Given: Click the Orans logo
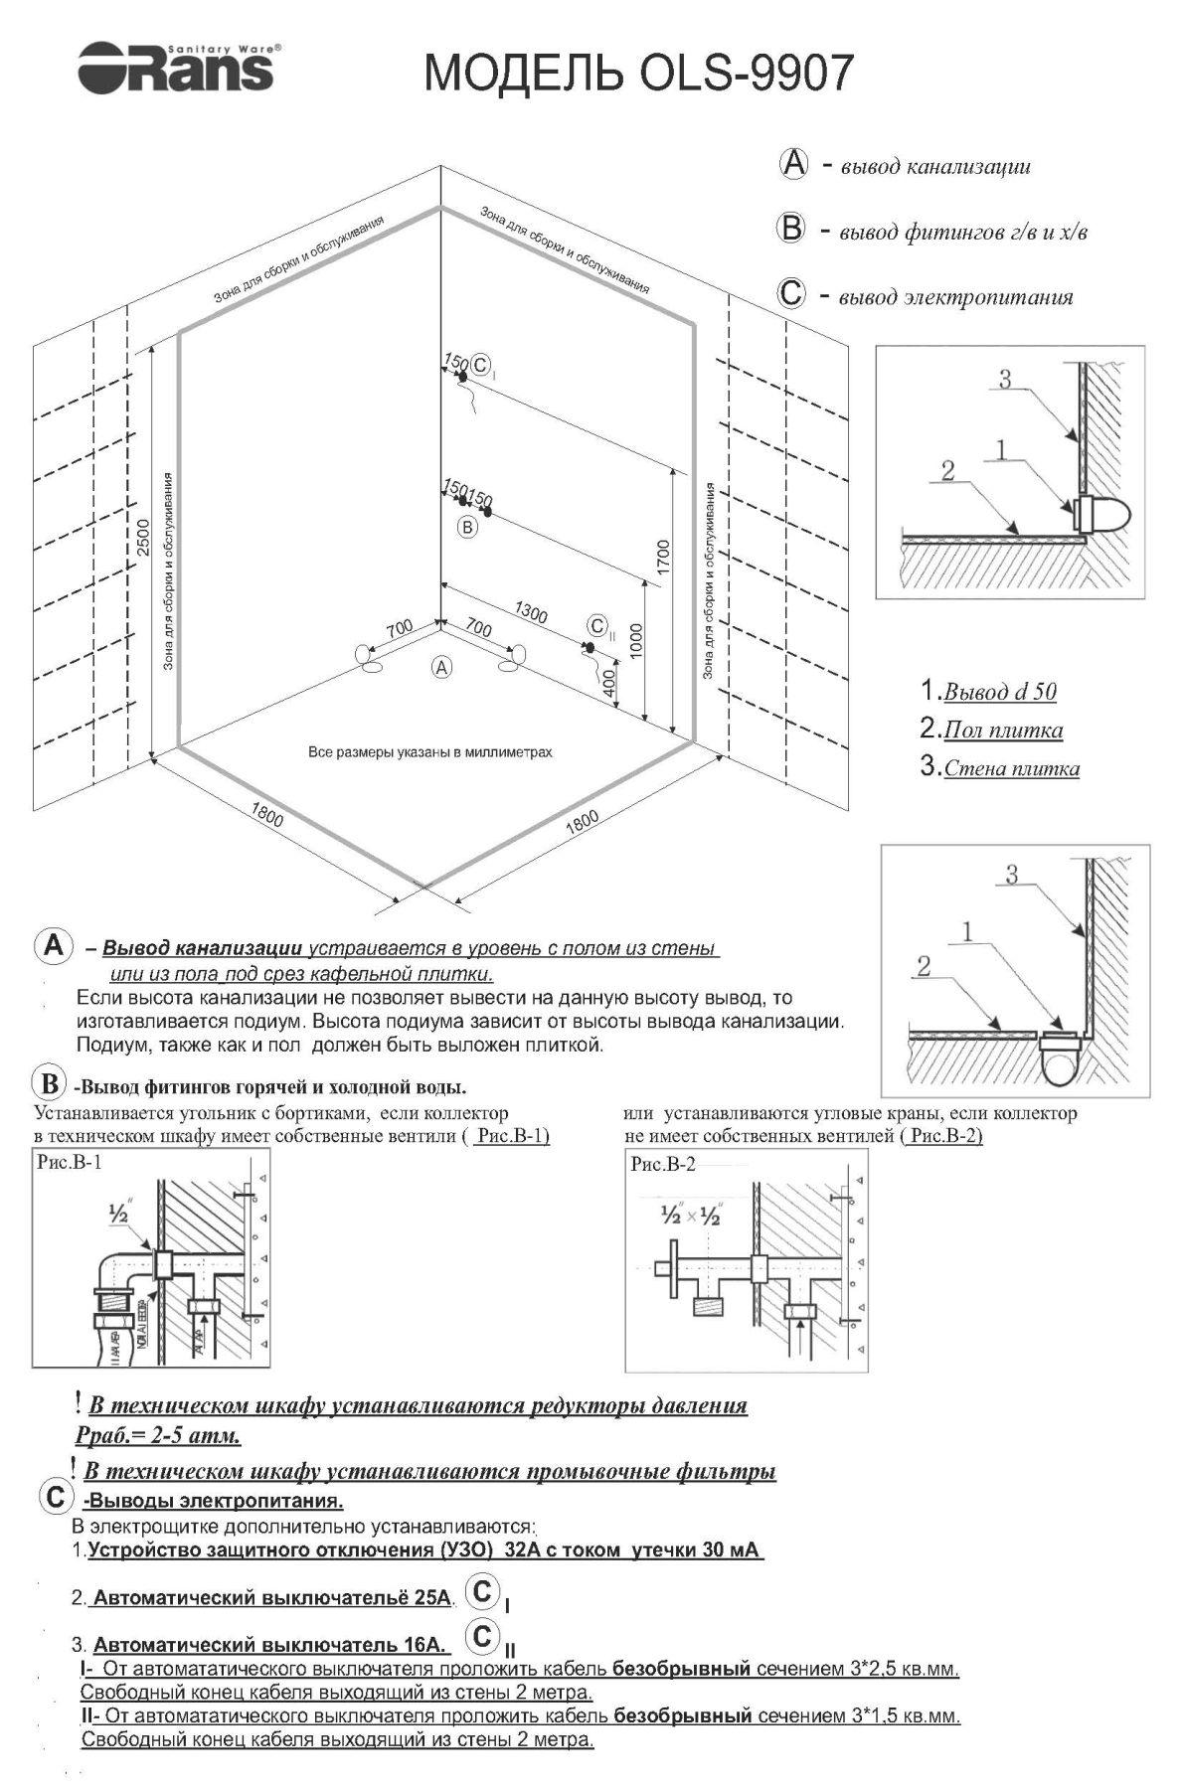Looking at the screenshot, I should (x=179, y=67).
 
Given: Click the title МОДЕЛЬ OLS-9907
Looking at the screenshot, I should (x=638, y=73).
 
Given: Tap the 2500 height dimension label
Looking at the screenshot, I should (x=144, y=536).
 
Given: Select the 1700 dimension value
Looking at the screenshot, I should (x=663, y=558).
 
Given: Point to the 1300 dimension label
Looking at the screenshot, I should (x=530, y=613).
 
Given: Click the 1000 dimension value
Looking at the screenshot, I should (x=636, y=640).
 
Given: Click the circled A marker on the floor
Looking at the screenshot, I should (x=441, y=668).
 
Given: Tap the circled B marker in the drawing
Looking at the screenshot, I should (x=467, y=528).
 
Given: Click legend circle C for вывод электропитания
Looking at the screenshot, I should (x=791, y=295).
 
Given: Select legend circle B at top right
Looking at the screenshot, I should (x=790, y=229).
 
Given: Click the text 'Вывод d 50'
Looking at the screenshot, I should (x=999, y=692).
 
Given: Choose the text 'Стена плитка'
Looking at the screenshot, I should (x=1011, y=768).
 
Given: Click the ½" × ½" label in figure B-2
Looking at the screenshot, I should (x=690, y=1216).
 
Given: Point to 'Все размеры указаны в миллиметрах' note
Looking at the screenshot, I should (x=429, y=752).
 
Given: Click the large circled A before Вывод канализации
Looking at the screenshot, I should (x=53, y=945).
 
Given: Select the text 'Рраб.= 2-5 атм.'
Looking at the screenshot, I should (x=158, y=1436).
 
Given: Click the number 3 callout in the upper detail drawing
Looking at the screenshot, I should (x=1004, y=379).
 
